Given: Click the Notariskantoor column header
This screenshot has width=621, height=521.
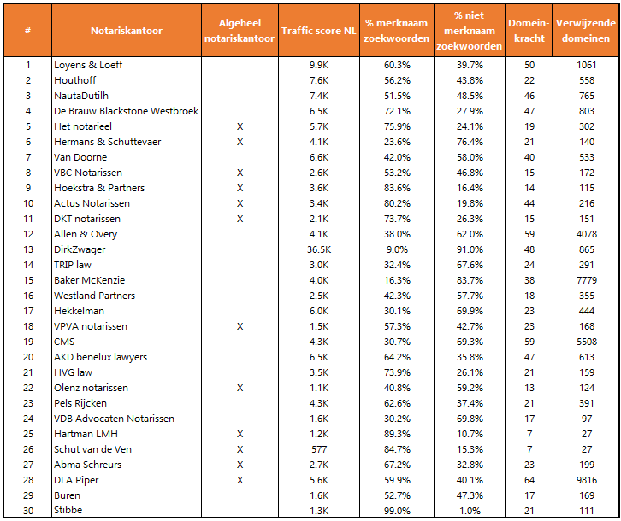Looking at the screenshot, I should click(x=127, y=31).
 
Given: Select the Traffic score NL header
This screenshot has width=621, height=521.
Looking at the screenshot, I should click(x=318, y=31).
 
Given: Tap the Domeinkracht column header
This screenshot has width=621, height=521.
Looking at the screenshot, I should click(x=529, y=31).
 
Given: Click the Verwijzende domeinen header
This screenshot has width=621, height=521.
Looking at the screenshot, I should click(x=586, y=31).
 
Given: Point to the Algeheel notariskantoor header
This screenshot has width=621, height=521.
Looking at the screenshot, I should click(x=240, y=31).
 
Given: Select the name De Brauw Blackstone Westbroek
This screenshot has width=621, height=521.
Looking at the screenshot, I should click(x=127, y=111).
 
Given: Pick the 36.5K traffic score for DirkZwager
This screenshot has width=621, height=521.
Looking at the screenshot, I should click(x=318, y=249).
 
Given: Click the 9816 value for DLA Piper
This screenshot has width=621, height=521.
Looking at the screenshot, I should click(x=586, y=480).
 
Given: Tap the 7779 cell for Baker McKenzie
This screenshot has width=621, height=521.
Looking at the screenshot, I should click(x=586, y=280).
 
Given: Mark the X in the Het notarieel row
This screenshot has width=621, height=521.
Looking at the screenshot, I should click(x=240, y=126).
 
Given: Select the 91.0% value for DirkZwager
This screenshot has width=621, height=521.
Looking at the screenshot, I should click(x=470, y=249).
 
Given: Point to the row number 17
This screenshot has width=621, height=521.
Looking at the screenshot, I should click(x=27, y=311).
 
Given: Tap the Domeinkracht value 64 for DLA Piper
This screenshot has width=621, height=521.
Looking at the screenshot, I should click(x=529, y=480).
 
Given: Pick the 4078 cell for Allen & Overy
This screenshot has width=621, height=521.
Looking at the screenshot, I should click(x=586, y=234).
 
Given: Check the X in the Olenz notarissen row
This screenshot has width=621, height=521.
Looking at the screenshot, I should click(x=240, y=388).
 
